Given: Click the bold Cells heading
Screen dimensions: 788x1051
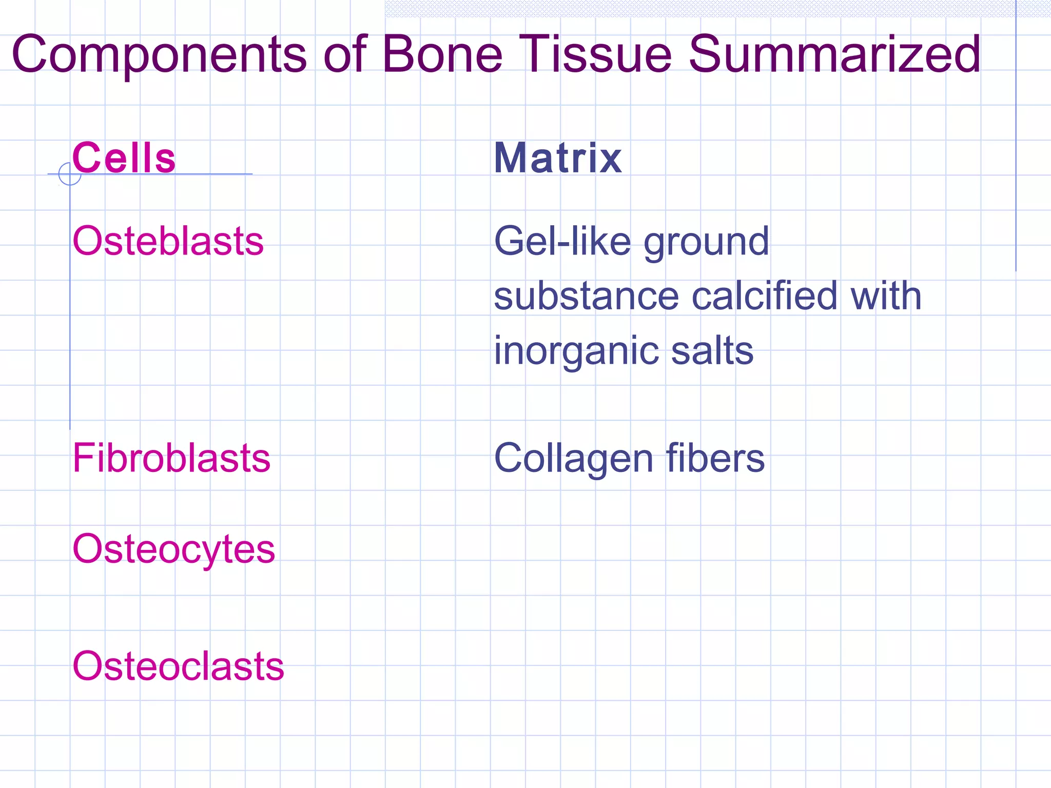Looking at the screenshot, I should [x=124, y=158].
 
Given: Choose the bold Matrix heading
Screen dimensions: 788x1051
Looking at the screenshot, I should [x=558, y=158].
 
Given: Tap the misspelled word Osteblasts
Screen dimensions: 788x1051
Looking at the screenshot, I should [x=168, y=241].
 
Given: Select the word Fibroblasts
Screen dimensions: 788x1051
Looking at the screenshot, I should [x=171, y=458].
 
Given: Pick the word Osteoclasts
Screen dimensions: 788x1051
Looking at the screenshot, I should [x=178, y=666].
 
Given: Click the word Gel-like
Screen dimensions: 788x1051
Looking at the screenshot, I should [x=562, y=241].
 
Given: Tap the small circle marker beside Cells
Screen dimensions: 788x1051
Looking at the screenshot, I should [x=70, y=174].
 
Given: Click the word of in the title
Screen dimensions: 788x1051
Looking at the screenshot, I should [x=345, y=54].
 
